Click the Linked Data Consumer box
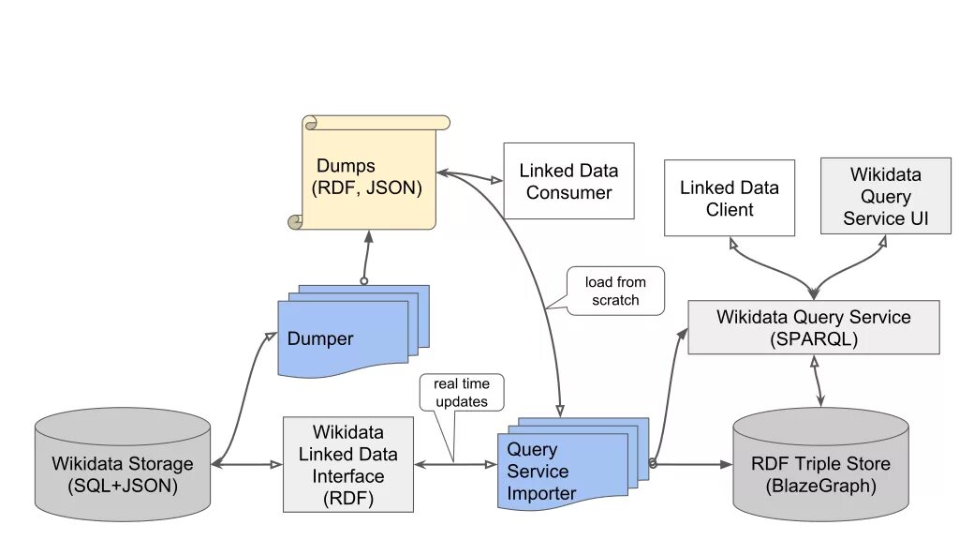(x=568, y=181)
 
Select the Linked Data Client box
(x=730, y=198)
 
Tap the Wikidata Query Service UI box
(x=886, y=196)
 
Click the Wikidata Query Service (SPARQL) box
(x=814, y=327)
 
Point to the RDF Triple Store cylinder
(x=820, y=465)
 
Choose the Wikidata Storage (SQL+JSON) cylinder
(x=123, y=465)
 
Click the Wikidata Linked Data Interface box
(x=348, y=465)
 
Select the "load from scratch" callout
(x=614, y=291)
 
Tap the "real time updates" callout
(x=462, y=393)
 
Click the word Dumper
(x=320, y=338)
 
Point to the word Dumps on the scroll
(x=346, y=166)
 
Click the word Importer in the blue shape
(x=541, y=493)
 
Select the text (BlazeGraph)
(x=820, y=487)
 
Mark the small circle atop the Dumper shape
(x=364, y=281)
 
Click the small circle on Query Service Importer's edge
(x=653, y=463)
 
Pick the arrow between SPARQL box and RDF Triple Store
(x=817, y=381)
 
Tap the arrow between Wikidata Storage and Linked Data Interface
(x=247, y=465)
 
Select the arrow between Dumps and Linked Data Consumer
(x=470, y=176)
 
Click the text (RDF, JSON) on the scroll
(x=366, y=187)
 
